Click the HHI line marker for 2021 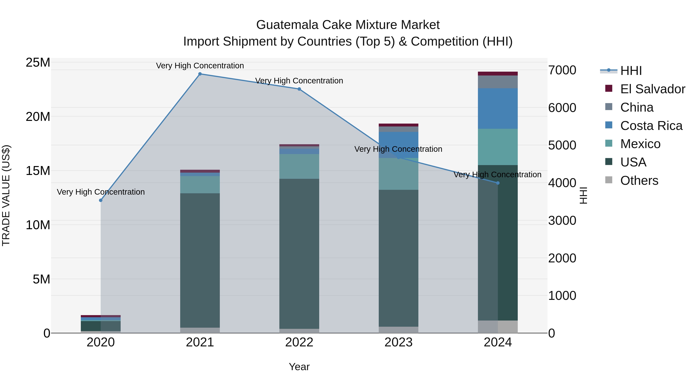(200, 74)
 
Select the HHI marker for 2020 (101, 200)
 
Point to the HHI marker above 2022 (299, 89)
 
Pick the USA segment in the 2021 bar (200, 260)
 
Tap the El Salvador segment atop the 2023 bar (398, 125)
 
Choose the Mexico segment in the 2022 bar (299, 166)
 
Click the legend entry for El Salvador (652, 89)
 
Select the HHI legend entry (631, 71)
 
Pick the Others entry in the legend (639, 181)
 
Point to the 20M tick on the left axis (38, 117)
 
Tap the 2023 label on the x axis (398, 342)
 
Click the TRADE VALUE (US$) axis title (6, 195)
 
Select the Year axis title (299, 367)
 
